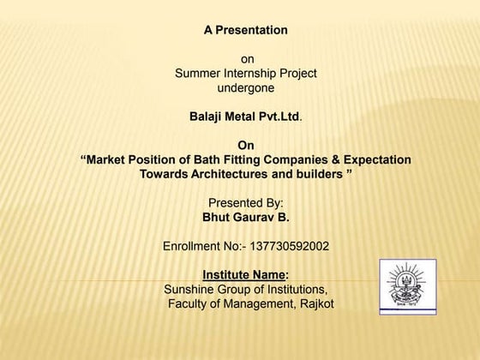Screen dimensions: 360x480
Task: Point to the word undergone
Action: [246, 87]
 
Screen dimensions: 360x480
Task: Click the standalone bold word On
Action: [246, 145]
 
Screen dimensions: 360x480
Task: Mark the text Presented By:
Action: [246, 203]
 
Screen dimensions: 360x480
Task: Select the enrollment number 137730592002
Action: [286, 246]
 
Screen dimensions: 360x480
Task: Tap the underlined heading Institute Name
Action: [243, 274]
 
